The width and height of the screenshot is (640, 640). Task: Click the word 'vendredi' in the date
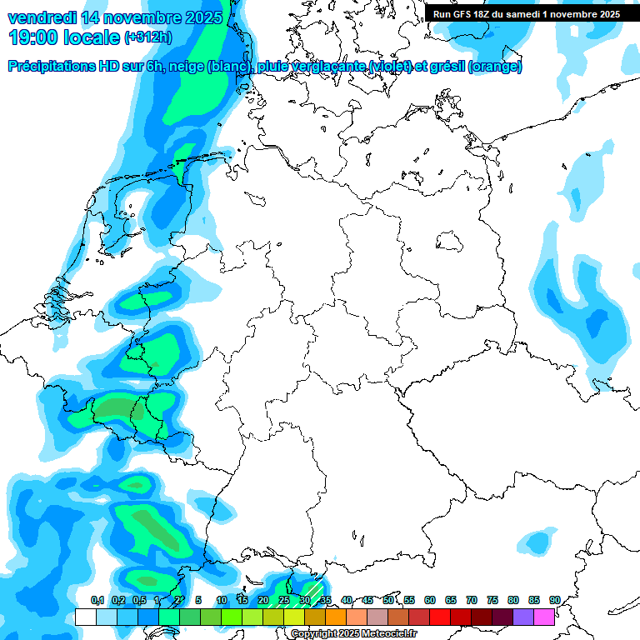tap(42, 17)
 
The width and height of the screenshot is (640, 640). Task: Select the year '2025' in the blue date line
tap(198, 17)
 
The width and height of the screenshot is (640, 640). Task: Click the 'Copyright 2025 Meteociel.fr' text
tap(353, 634)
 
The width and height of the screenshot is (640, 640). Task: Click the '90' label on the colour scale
tap(554, 600)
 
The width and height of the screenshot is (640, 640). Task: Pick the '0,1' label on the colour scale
tap(97, 600)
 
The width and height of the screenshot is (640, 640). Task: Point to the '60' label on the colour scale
tap(430, 600)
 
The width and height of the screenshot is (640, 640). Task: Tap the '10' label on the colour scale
tap(222, 600)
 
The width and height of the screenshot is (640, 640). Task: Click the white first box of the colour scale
tap(85, 617)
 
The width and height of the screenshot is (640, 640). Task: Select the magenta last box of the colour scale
tap(544, 617)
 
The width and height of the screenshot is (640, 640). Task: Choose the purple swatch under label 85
tap(522, 617)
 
